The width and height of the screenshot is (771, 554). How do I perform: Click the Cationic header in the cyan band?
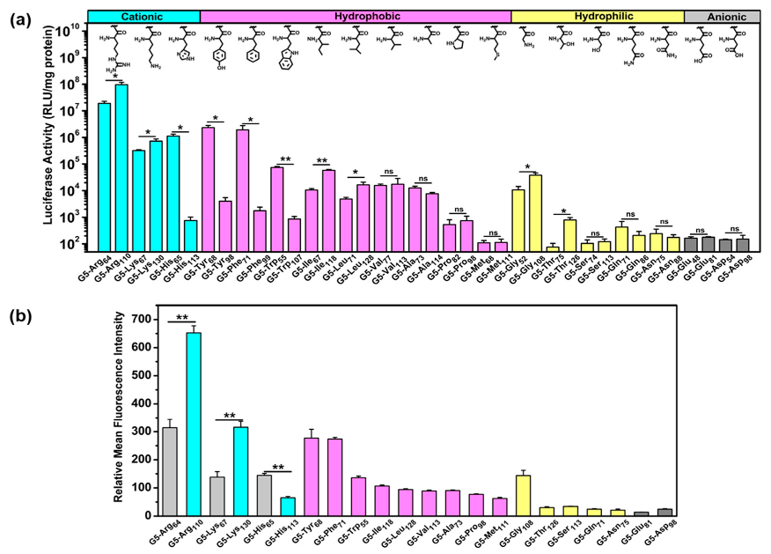143,16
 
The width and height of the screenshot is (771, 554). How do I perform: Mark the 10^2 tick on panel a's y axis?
75,244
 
